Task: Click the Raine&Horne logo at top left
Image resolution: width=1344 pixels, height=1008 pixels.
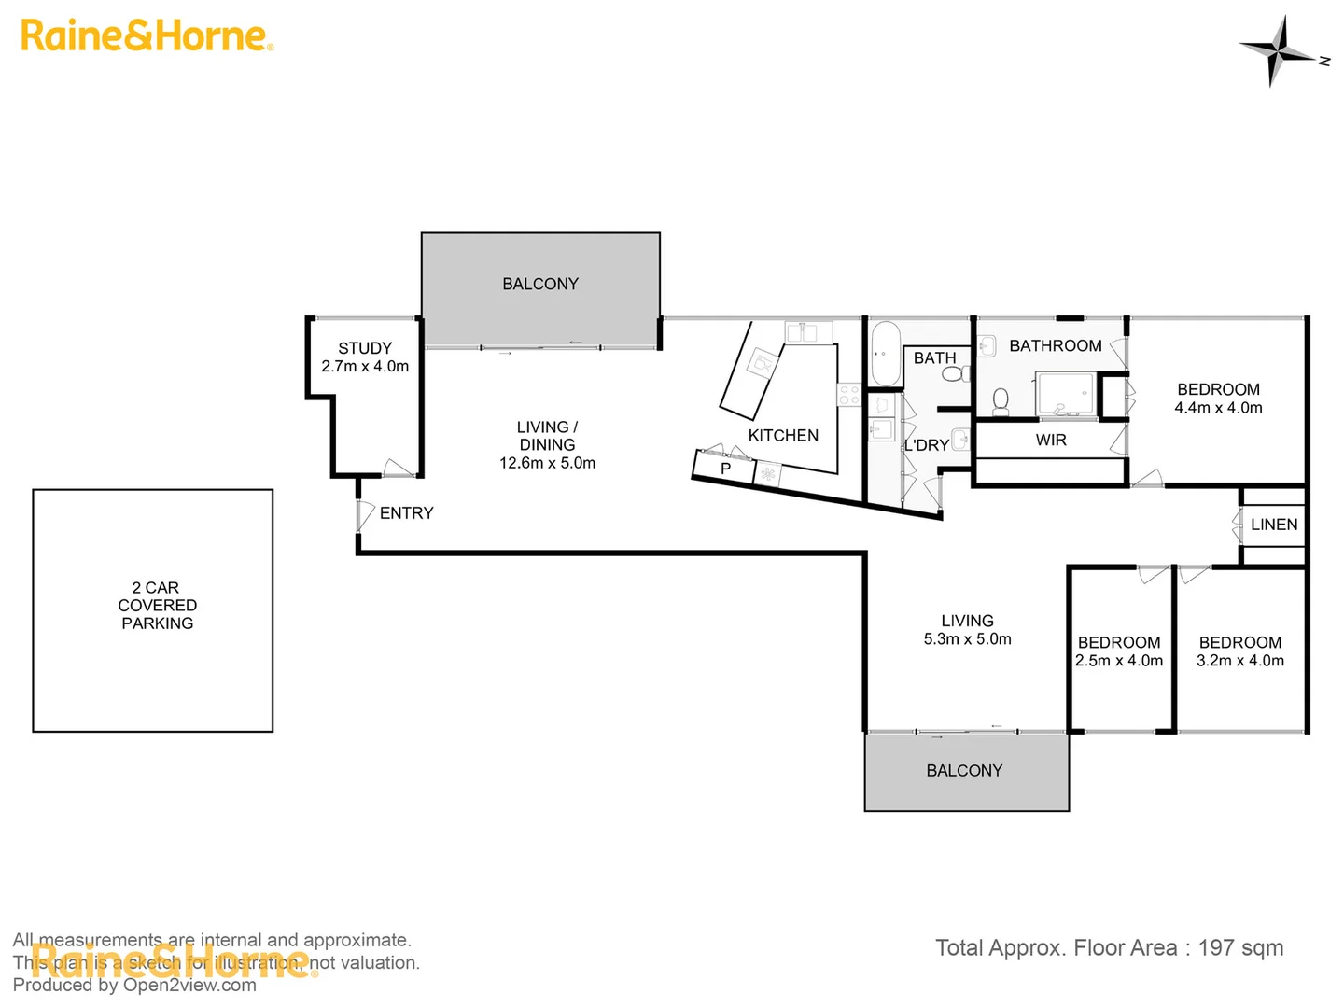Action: (x=147, y=36)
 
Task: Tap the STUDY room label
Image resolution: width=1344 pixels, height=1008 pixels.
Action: (x=365, y=348)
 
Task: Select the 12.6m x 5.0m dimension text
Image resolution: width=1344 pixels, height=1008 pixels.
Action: (x=547, y=463)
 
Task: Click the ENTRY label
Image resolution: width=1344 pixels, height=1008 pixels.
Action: (x=406, y=513)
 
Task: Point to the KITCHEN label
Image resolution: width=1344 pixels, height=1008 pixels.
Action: (x=783, y=436)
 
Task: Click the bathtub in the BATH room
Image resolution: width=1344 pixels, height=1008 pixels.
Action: (x=886, y=354)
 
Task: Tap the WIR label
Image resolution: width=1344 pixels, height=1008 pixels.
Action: (x=1051, y=441)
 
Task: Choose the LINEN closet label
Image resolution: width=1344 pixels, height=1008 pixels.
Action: (x=1274, y=525)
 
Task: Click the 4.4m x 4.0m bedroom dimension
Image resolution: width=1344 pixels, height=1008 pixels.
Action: (x=1218, y=408)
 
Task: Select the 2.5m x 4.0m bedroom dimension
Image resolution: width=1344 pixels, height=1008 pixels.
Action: (x=1119, y=661)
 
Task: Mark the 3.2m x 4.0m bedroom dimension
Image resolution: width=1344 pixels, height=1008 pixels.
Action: (x=1240, y=661)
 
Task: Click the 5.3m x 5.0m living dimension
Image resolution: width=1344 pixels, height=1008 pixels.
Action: (x=968, y=639)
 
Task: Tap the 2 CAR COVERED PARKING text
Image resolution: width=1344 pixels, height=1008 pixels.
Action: (x=157, y=606)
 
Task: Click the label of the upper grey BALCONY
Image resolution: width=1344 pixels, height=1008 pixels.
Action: (x=540, y=284)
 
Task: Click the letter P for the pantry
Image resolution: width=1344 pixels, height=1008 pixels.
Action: (x=725, y=468)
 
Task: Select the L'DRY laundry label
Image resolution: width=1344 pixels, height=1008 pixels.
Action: (x=926, y=446)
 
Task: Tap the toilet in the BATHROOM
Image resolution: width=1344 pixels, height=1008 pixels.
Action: (x=1001, y=401)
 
